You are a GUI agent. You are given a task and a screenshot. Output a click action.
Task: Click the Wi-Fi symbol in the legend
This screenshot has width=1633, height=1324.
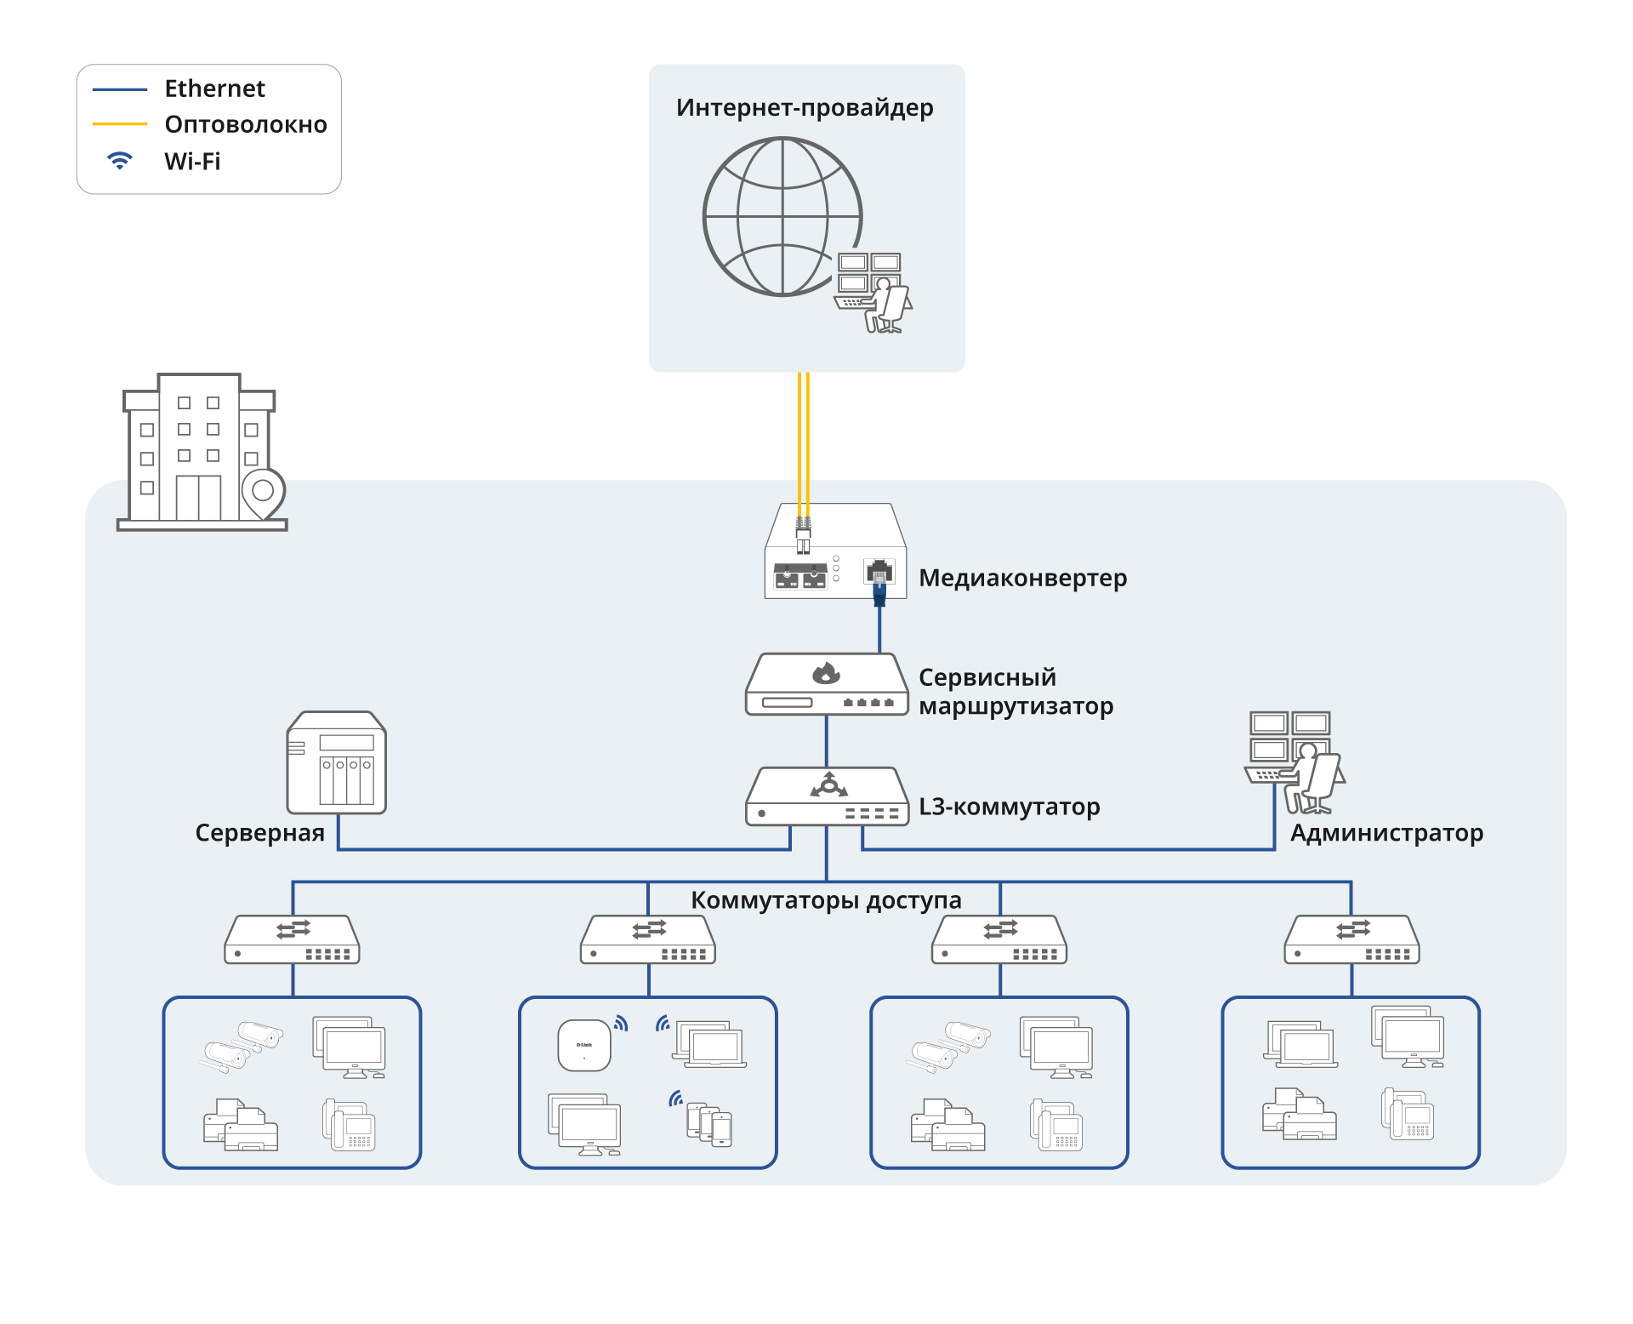coord(120,160)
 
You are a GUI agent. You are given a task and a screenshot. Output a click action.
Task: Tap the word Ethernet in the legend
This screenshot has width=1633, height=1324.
coord(214,88)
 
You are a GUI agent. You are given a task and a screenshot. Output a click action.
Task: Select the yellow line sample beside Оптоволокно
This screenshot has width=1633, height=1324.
coord(120,124)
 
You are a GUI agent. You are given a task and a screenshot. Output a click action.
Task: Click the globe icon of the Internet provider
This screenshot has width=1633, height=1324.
coord(782,217)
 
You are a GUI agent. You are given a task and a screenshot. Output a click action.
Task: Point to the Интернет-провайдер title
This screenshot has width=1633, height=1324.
coord(805,108)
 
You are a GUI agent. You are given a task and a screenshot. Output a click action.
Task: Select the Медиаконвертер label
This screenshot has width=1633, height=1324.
coord(1022,578)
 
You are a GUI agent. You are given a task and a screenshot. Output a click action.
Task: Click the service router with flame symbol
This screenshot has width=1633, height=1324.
coord(827,685)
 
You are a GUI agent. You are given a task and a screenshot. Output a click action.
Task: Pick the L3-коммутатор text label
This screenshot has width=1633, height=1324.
coord(1009,807)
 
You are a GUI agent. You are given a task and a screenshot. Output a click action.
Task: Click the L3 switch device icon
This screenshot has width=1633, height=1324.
coord(827,797)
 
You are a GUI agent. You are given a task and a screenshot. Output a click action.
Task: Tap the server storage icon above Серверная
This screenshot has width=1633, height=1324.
coord(337,763)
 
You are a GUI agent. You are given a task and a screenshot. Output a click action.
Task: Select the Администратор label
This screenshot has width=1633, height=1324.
coord(1386,833)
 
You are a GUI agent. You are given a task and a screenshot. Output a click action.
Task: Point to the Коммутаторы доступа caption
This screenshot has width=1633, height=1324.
coord(825,900)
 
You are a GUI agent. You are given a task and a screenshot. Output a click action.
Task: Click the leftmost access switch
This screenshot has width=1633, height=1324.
coord(292,940)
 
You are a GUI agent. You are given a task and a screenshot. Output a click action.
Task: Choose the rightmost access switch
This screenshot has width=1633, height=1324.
coord(1351,940)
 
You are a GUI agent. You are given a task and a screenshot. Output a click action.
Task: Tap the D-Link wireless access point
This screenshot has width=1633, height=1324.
coord(584,1046)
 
